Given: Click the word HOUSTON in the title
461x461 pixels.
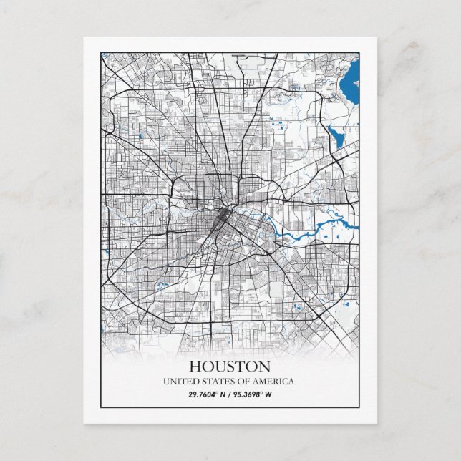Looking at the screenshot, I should point(230,367).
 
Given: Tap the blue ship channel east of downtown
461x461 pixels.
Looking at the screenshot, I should point(301,233).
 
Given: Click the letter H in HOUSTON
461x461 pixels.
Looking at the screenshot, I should point(195,367).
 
